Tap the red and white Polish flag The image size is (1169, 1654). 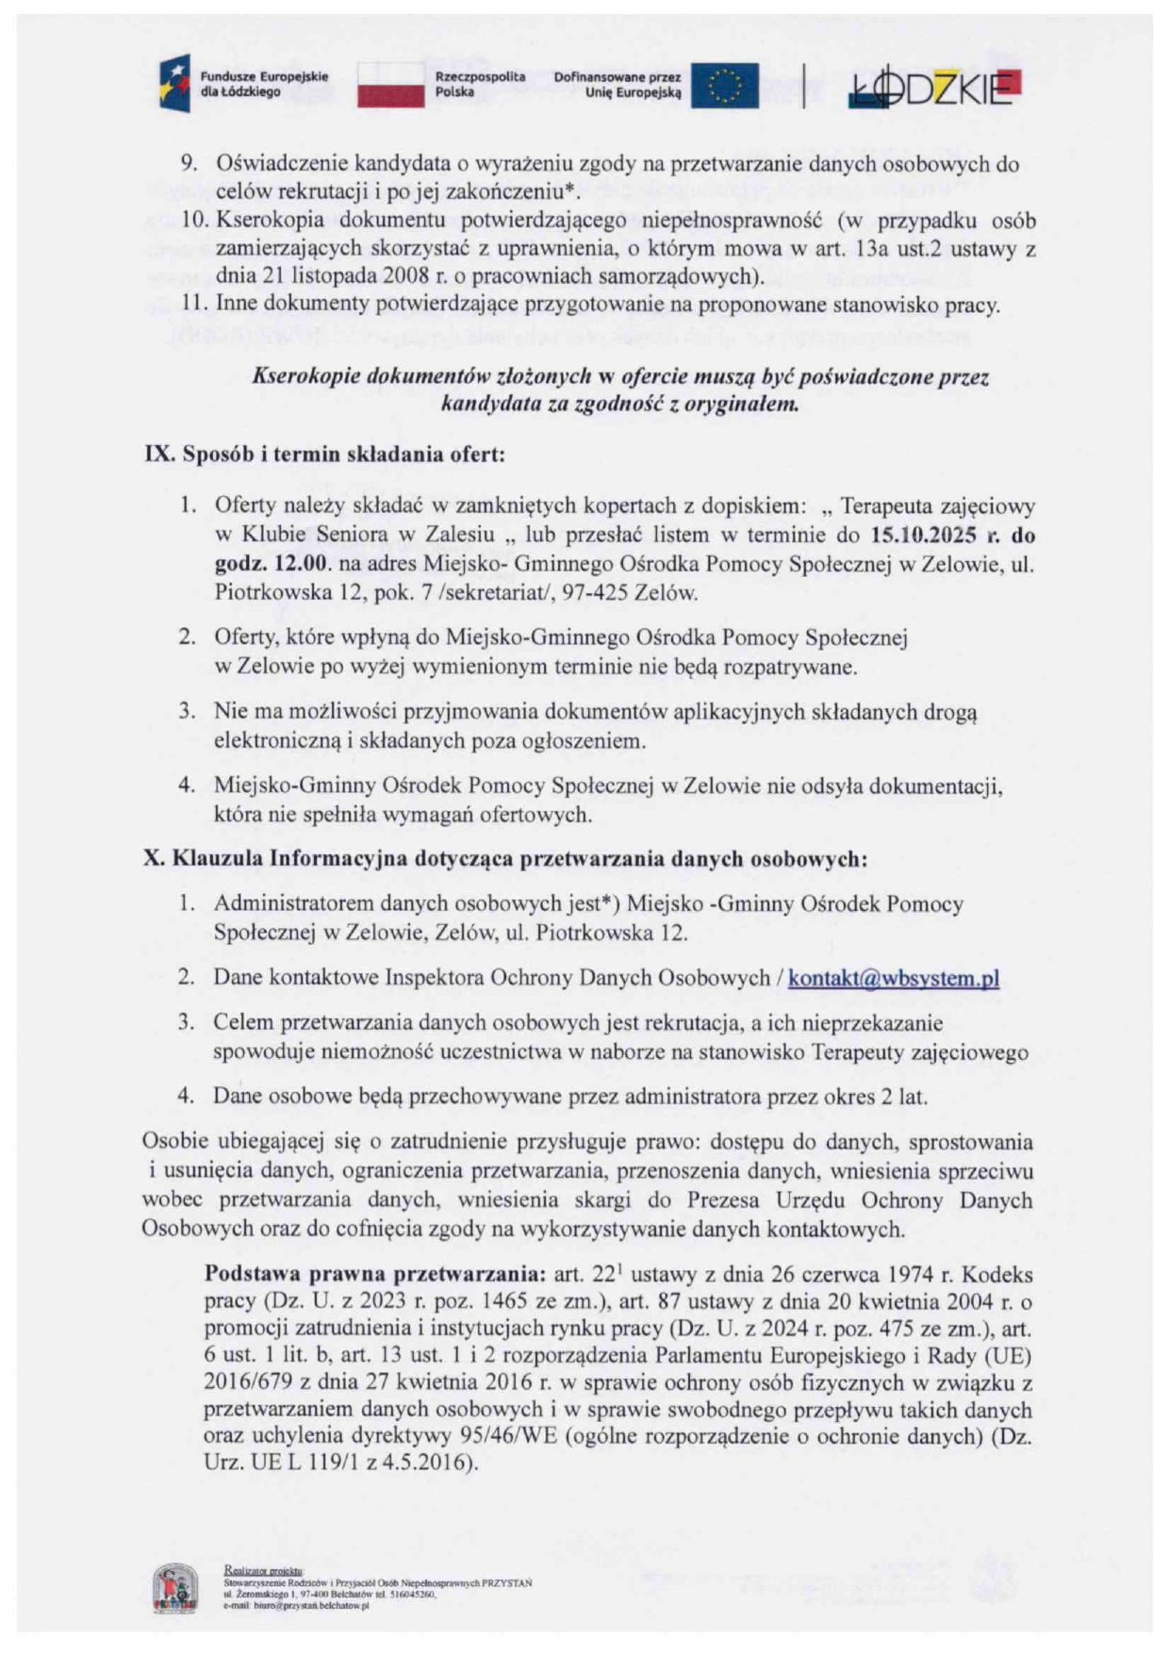pos(390,85)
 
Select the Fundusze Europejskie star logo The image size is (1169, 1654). pos(175,84)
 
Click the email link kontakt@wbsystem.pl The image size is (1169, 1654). pos(893,978)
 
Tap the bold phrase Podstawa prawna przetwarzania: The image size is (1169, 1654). pos(375,1275)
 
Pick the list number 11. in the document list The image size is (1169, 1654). pos(193,305)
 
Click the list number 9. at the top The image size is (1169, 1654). pos(189,163)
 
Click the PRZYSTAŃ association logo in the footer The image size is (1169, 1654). pos(175,1588)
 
